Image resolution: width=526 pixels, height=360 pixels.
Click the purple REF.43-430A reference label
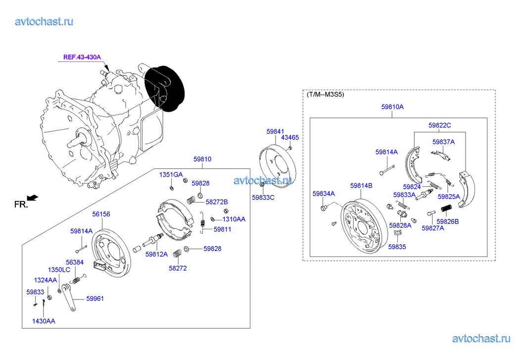(x=82, y=57)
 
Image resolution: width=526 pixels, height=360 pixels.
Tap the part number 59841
(x=275, y=132)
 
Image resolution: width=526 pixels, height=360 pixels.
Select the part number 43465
(x=290, y=137)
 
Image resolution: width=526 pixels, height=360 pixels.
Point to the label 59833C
(x=263, y=198)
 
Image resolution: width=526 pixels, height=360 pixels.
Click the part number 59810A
(x=392, y=107)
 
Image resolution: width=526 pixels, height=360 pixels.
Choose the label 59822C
(x=439, y=125)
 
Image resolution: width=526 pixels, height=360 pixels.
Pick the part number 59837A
(x=443, y=142)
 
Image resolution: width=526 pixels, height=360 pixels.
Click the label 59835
(x=397, y=247)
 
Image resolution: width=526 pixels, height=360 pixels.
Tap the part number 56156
(x=101, y=214)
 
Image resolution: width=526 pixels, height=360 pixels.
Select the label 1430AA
(x=44, y=321)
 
